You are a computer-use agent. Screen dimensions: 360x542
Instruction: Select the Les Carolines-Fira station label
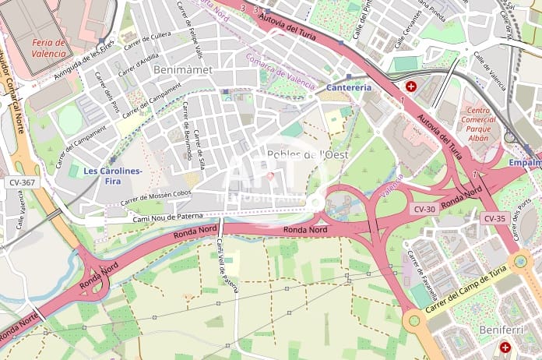113,175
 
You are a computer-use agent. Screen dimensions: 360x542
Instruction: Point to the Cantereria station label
350,87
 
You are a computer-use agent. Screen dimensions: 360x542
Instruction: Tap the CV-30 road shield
424,209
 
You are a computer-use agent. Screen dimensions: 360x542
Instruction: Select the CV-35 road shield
494,218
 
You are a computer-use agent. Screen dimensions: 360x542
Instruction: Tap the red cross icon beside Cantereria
410,86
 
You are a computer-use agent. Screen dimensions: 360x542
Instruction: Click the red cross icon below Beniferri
505,347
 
